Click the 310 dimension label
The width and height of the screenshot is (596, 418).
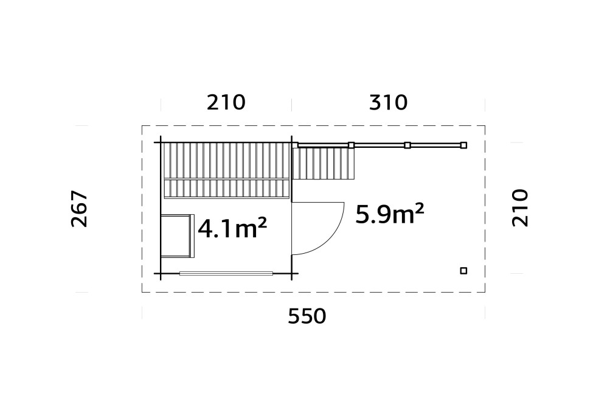point(388,103)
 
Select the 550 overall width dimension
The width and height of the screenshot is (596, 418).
point(307,316)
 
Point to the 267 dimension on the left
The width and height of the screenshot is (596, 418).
point(80,209)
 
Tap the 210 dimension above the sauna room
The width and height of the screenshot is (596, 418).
point(226,103)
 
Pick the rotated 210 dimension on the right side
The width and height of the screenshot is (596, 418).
point(520,207)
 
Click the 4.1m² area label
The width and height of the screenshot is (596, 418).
point(232,228)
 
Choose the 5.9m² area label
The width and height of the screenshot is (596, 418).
point(390,214)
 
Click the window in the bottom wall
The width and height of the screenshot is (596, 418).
point(226,273)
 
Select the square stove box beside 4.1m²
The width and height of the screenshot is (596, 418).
point(177,236)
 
